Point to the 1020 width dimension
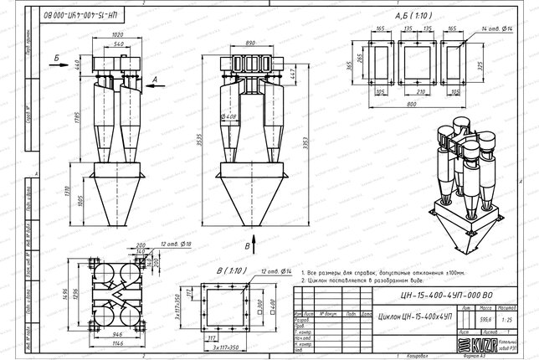point(116,34)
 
